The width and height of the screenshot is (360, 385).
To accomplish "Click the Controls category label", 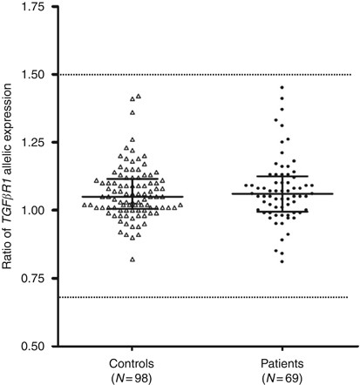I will [132, 359].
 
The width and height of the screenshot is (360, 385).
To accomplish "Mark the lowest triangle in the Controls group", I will [132, 260].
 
